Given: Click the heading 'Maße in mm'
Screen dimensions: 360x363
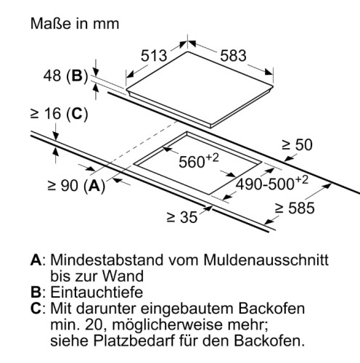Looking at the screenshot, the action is pyautogui.click(x=75, y=24).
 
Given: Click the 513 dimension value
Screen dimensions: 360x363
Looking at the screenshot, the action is pyautogui.click(x=154, y=55).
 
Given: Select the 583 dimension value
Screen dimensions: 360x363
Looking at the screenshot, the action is pyautogui.click(x=233, y=55).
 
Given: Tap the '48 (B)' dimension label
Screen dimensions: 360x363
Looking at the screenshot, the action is pyautogui.click(x=65, y=76).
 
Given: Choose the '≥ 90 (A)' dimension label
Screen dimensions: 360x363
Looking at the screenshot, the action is pyautogui.click(x=76, y=186).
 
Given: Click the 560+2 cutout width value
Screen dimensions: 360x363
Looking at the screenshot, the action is pyautogui.click(x=199, y=160).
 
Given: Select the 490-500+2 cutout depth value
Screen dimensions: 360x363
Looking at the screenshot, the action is pyautogui.click(x=272, y=183).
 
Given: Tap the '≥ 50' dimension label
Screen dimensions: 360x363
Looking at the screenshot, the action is pyautogui.click(x=297, y=144).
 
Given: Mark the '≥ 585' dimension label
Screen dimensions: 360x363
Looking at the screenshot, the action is pyautogui.click(x=295, y=208).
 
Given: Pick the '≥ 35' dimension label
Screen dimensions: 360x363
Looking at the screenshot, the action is pyautogui.click(x=182, y=217).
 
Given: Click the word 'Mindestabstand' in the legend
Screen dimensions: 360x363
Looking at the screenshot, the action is pyautogui.click(x=107, y=260).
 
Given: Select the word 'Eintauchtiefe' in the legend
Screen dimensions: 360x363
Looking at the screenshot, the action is pyautogui.click(x=97, y=292).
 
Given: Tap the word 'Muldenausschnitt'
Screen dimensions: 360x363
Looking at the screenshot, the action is pyautogui.click(x=266, y=260).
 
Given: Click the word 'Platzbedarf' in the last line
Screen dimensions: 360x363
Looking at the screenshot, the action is pyautogui.click(x=134, y=340).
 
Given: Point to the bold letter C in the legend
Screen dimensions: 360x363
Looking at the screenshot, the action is pyautogui.click(x=36, y=309).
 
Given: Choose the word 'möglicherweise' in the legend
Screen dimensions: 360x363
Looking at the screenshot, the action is pyautogui.click(x=167, y=325).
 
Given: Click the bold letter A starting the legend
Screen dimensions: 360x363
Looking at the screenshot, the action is pyautogui.click(x=36, y=260).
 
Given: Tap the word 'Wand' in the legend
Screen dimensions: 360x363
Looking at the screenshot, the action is pyautogui.click(x=123, y=276).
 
